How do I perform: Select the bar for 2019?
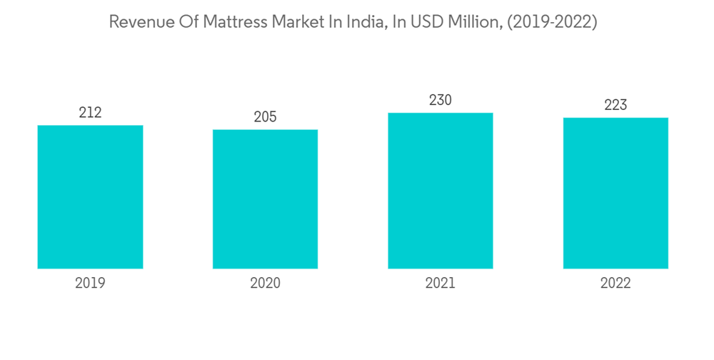[90, 197]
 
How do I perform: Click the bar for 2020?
[265, 199]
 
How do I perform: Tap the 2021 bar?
[441, 191]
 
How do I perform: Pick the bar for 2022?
[615, 193]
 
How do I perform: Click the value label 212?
[90, 112]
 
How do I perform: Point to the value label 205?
[265, 116]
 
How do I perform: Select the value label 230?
[441, 100]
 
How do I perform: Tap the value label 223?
[615, 105]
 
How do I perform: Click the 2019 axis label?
[90, 284]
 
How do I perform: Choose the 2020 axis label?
[265, 284]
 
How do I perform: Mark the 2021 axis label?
[441, 284]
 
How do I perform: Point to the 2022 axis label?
[615, 284]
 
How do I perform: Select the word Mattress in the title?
[236, 22]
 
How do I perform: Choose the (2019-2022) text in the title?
[553, 22]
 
